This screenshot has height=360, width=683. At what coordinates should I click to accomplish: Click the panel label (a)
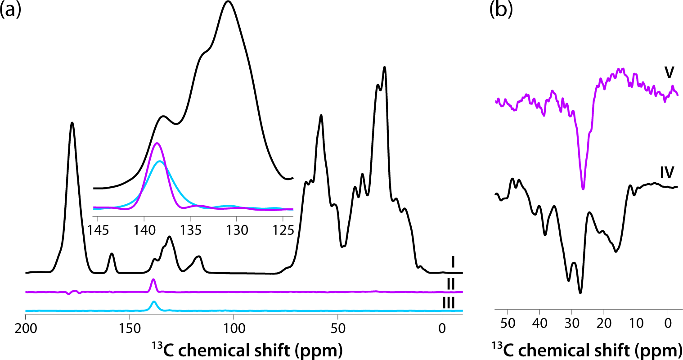point(11,10)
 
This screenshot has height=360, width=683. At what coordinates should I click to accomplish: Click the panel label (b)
point(501,10)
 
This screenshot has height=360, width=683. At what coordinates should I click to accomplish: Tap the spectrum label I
point(454,261)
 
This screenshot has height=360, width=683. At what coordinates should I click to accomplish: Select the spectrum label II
point(451,284)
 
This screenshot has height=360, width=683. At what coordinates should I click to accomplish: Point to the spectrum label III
point(449,302)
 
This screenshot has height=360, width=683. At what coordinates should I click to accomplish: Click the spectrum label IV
point(666,171)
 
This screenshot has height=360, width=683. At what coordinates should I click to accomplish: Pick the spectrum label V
point(669,72)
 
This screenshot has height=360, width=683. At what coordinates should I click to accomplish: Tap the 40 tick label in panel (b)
point(539,324)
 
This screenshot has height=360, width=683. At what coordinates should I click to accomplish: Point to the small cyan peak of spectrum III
point(154,301)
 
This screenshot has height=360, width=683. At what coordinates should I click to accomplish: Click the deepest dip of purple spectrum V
point(583,189)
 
